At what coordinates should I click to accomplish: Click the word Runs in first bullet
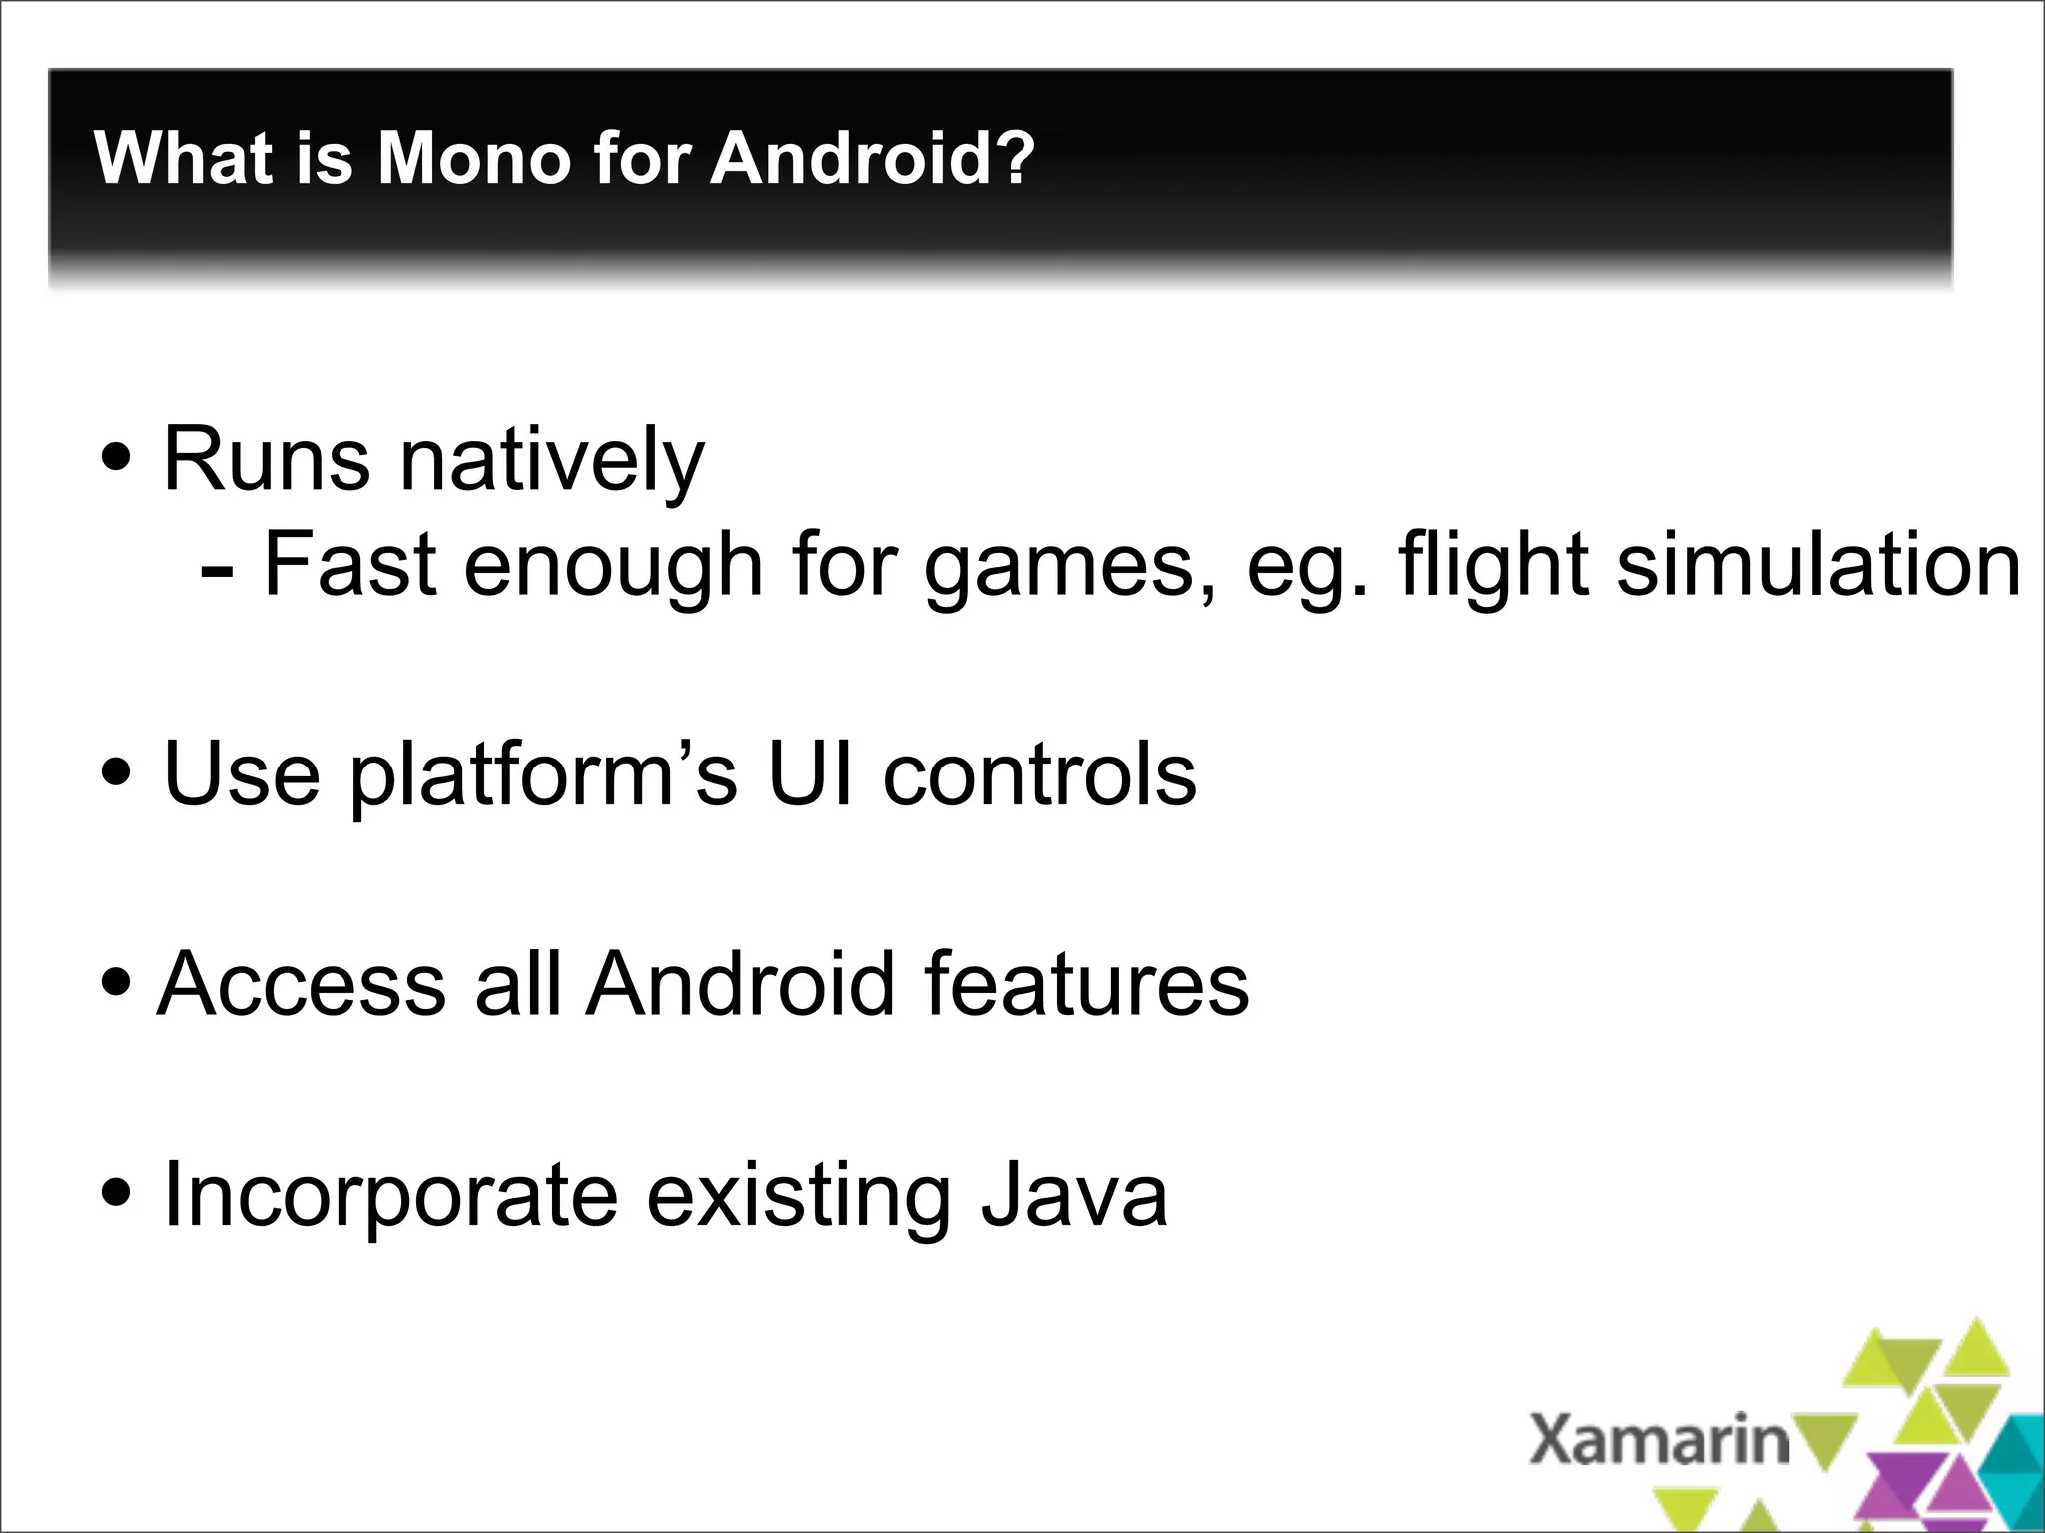point(266,460)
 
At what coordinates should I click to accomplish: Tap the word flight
point(1494,567)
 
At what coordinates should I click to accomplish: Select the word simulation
point(1818,565)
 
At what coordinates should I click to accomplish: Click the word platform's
point(544,776)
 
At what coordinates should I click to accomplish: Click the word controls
point(1039,775)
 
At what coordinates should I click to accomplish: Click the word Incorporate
point(390,1197)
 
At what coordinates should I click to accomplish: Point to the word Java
point(1073,1195)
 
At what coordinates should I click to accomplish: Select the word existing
point(799,1197)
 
